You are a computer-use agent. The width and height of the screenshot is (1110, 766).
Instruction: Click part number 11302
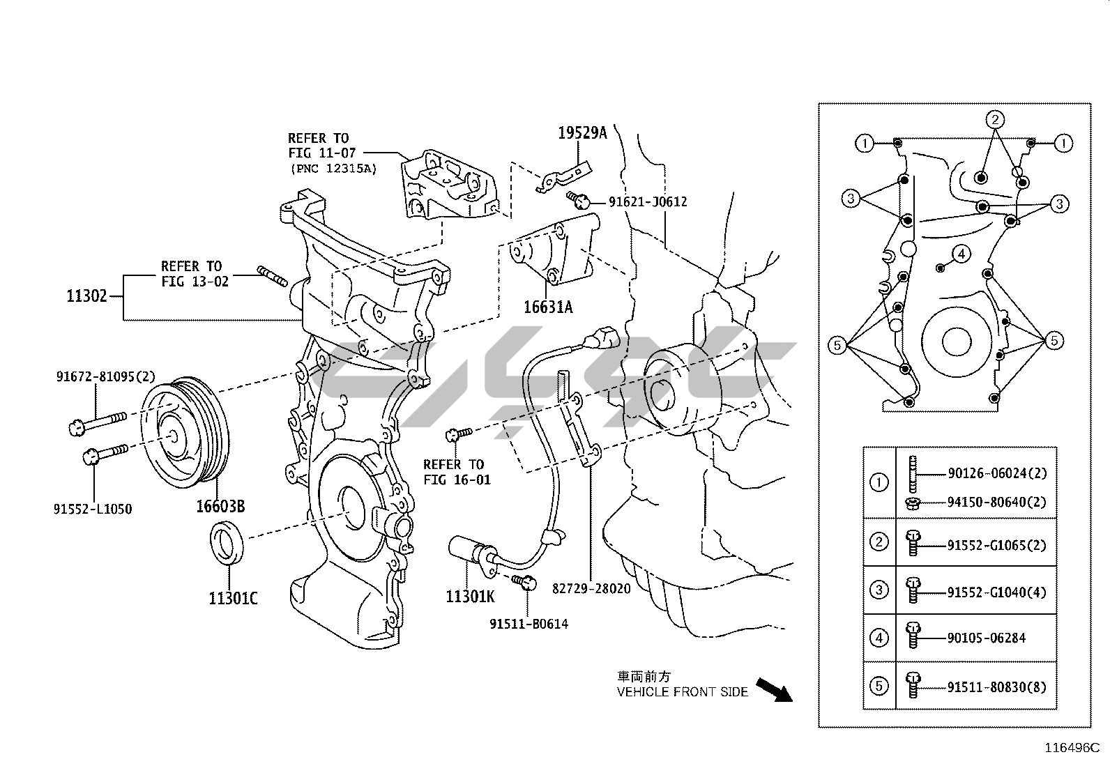86,296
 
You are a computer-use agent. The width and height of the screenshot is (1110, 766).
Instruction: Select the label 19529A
582,133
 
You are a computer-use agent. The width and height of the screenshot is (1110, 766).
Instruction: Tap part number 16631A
548,307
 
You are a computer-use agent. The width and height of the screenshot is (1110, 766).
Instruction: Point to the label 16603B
220,507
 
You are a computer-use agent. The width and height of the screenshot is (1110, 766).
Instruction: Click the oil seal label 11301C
233,599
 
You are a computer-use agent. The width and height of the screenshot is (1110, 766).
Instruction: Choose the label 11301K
470,597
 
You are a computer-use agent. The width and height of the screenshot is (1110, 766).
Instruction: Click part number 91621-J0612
648,202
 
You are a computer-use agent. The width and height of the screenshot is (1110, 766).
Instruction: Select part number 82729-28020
591,589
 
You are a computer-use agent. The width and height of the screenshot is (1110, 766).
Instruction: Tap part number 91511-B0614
529,625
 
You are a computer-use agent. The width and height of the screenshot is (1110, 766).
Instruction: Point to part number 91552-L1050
93,510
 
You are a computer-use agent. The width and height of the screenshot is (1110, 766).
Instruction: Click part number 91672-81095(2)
105,377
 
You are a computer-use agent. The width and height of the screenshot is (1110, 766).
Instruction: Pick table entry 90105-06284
986,638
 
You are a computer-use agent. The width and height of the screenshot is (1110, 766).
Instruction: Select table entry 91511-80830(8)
996,688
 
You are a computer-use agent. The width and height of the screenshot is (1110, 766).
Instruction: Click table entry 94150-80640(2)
996,503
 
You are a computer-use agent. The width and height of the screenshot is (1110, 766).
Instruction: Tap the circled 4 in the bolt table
879,638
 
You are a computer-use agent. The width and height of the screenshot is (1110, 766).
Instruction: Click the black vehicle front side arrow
775,690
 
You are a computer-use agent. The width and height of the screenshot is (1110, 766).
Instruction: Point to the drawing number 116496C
1072,748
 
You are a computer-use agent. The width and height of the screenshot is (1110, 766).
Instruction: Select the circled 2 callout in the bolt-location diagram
994,120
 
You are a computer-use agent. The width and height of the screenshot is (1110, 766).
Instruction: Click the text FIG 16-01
457,480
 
